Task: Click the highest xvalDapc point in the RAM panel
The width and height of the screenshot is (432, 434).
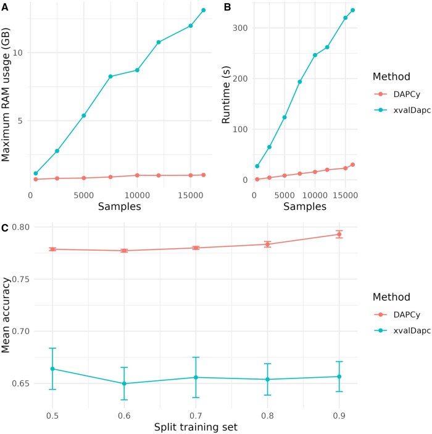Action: (x=203, y=10)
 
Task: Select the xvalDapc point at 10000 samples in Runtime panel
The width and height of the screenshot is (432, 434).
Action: (x=315, y=55)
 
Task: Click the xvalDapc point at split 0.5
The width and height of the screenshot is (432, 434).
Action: (x=52, y=369)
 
